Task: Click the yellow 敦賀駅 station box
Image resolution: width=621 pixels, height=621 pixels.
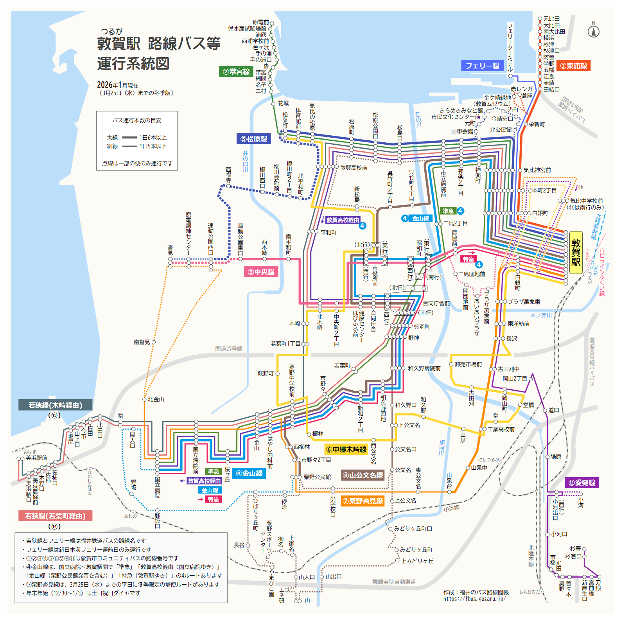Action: click(x=576, y=252)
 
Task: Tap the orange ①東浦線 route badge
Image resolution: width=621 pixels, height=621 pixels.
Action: click(x=574, y=66)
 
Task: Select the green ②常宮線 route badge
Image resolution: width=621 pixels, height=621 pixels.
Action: click(x=236, y=72)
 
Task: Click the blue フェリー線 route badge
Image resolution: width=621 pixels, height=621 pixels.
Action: click(x=482, y=66)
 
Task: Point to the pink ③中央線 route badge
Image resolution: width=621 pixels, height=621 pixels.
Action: click(x=261, y=272)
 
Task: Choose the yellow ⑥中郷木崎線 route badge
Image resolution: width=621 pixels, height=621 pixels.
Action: click(x=346, y=449)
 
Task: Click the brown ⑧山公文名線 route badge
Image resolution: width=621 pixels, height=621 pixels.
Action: click(x=363, y=475)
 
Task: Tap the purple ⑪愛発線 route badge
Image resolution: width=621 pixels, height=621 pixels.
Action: click(x=582, y=483)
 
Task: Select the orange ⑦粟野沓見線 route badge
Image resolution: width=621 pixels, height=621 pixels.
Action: click(x=363, y=501)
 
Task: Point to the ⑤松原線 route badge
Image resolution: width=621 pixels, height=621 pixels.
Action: click(x=253, y=139)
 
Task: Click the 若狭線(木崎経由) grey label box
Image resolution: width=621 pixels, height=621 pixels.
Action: click(x=55, y=405)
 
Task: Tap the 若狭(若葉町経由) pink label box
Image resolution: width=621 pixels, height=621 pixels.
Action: click(x=55, y=516)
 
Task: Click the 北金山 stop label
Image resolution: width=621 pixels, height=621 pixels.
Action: click(x=156, y=399)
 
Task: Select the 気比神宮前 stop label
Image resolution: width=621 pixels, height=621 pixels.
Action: click(x=537, y=170)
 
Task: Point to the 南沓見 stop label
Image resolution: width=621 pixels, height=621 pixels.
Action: click(x=142, y=342)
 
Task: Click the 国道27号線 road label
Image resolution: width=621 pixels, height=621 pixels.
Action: click(x=229, y=349)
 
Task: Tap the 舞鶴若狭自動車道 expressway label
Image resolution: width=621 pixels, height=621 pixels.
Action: click(x=394, y=582)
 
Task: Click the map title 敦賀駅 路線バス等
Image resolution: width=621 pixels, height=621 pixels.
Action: click(x=159, y=44)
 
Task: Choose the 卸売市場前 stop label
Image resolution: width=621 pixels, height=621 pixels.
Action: click(x=468, y=364)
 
